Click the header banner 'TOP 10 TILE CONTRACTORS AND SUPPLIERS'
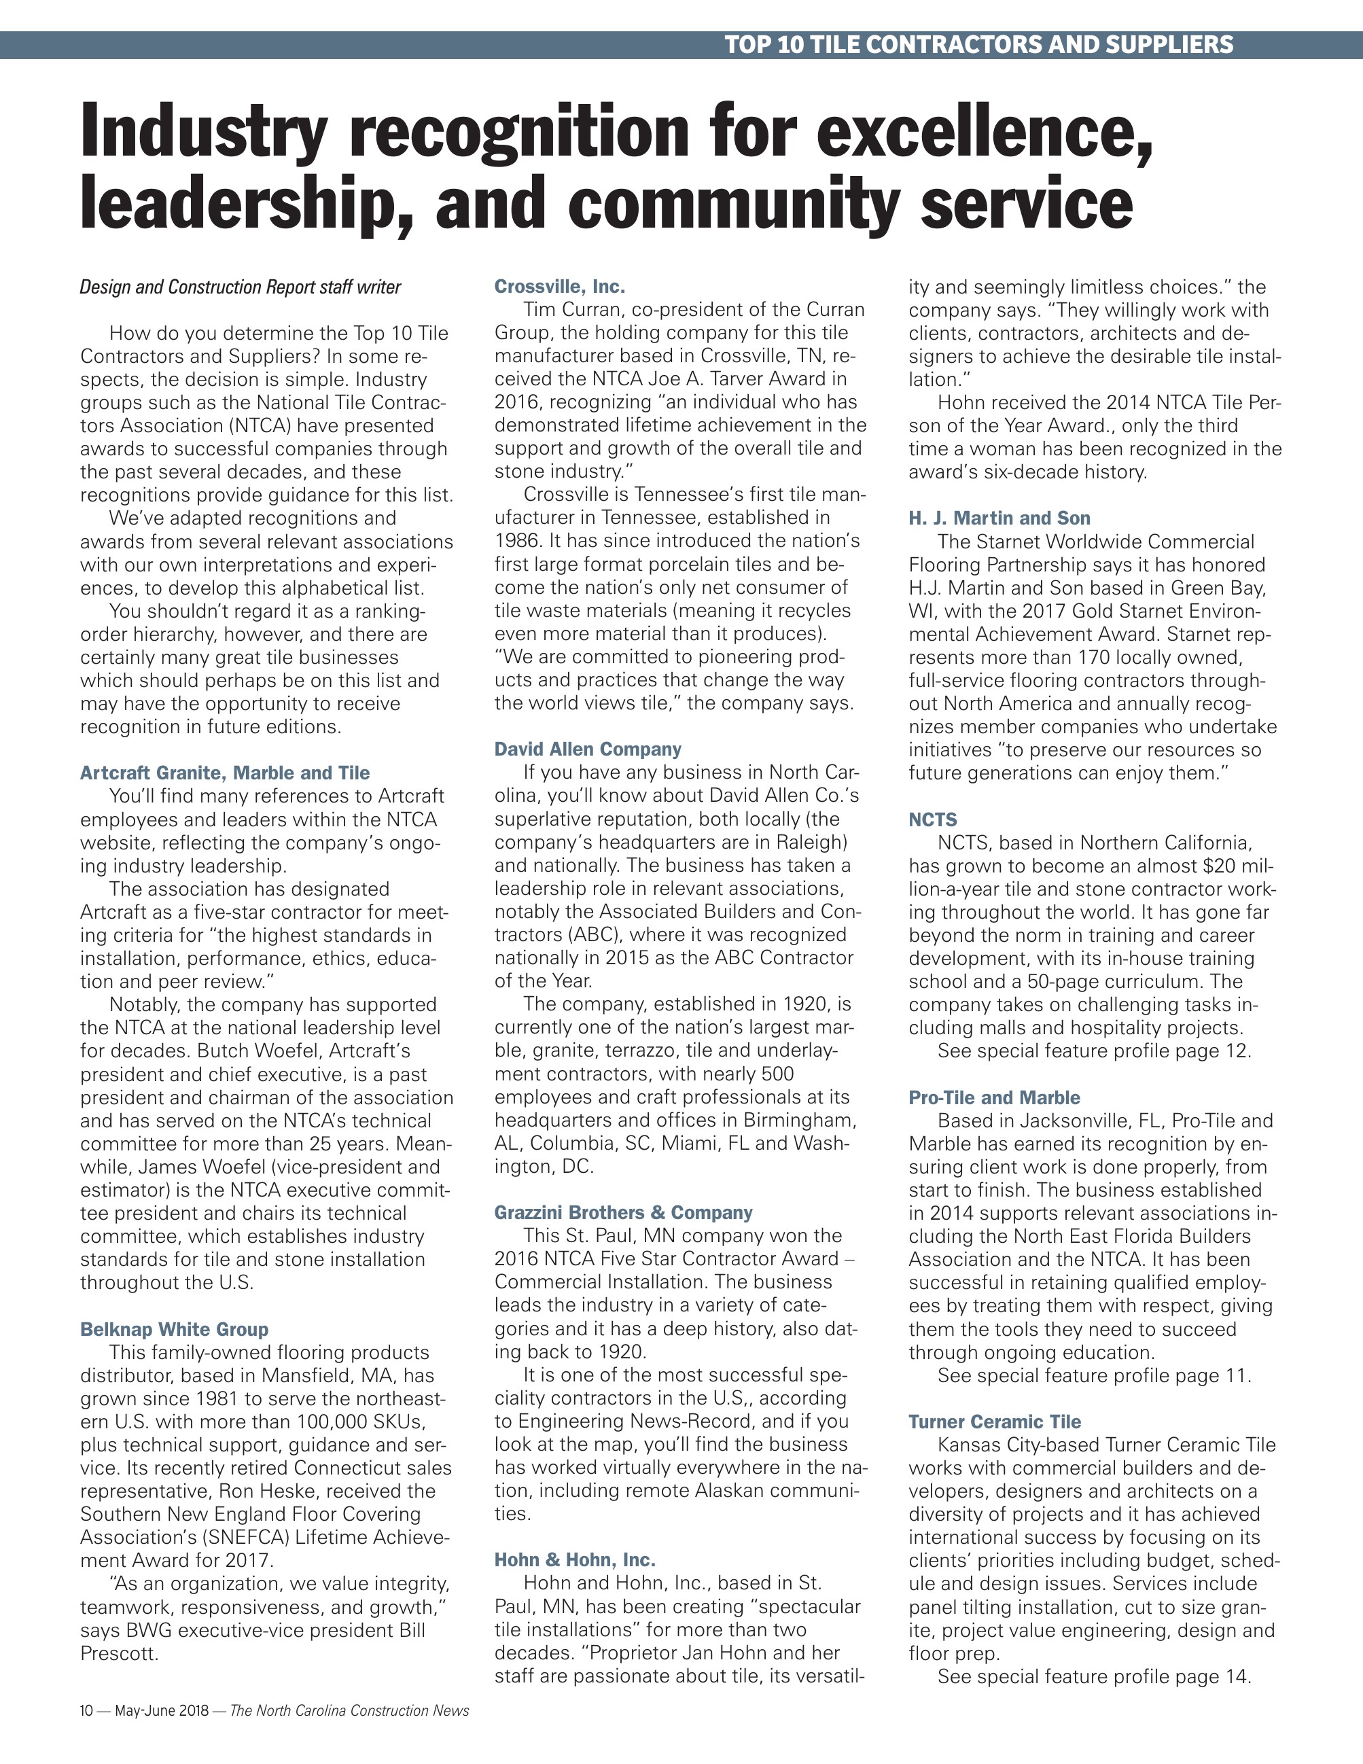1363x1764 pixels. tap(978, 44)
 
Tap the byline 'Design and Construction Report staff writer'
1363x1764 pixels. tap(240, 287)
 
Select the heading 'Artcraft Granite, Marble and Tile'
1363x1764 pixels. tap(224, 773)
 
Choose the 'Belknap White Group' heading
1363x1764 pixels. tap(174, 1330)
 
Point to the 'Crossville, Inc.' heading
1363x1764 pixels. tap(560, 287)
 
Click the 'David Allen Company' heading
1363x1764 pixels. tap(588, 749)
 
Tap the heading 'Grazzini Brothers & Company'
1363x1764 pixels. tap(623, 1212)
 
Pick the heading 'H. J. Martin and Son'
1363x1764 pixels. tap(999, 518)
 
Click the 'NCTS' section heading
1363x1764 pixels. tap(933, 819)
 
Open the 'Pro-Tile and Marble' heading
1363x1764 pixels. tap(994, 1097)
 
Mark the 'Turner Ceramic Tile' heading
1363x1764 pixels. tap(995, 1422)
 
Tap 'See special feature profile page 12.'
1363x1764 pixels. tap(1094, 1052)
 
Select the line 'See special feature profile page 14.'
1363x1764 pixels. tap(1094, 1677)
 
